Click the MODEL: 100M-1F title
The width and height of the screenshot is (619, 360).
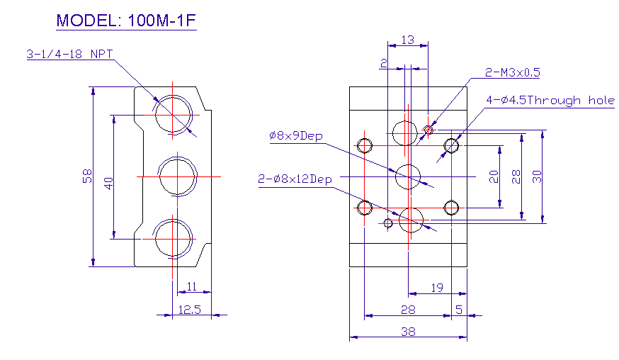(126, 21)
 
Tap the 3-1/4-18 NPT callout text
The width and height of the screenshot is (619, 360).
(70, 54)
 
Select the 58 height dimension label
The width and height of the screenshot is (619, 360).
(87, 176)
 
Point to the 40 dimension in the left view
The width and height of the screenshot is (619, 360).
(108, 184)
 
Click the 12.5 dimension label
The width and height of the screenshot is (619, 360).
(190, 310)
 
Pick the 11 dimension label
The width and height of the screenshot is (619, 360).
(191, 286)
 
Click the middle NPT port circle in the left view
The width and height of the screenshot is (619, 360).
(177, 176)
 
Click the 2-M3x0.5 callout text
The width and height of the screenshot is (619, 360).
(513, 72)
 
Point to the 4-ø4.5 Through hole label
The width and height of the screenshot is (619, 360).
(550, 101)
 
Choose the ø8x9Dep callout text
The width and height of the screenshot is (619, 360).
(296, 136)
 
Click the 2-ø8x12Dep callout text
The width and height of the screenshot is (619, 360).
(295, 179)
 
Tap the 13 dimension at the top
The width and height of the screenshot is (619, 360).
(408, 40)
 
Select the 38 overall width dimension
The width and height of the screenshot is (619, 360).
(408, 331)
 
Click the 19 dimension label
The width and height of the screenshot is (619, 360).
(437, 288)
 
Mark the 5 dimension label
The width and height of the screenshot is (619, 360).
(459, 310)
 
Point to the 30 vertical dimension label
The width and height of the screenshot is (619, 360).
(537, 176)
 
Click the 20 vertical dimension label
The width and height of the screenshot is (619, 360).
(494, 176)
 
